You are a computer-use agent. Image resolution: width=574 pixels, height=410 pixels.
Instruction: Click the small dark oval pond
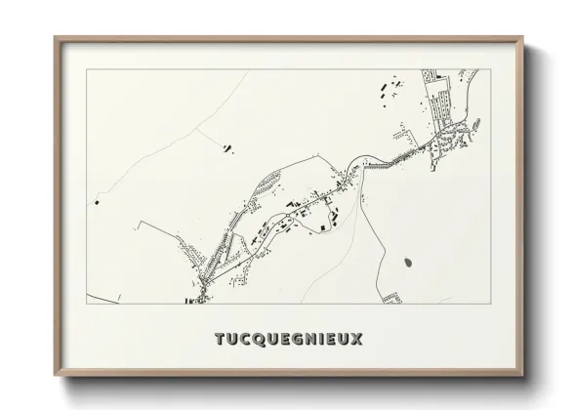click(406, 261)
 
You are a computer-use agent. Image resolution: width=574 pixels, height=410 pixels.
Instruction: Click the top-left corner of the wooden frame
click(56, 38)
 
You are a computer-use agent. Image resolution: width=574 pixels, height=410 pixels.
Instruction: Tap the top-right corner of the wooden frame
click(523, 38)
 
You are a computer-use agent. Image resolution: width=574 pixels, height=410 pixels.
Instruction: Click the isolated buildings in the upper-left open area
click(226, 148)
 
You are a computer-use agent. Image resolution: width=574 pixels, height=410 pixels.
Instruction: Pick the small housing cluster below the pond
click(391, 296)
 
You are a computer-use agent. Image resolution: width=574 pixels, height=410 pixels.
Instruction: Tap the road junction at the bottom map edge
click(199, 299)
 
